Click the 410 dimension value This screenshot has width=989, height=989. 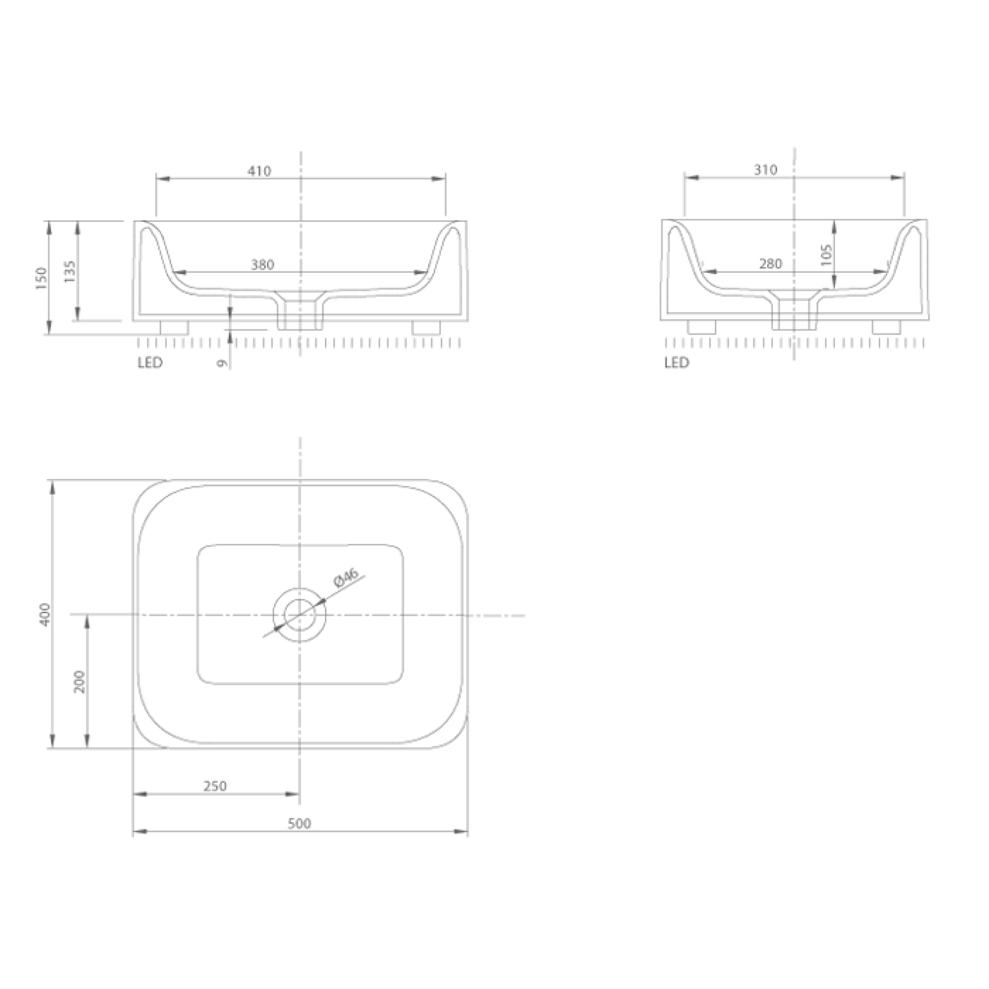[259, 171]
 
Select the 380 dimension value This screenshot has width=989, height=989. [262, 264]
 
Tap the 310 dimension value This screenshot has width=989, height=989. [765, 170]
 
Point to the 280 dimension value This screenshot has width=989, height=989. [770, 263]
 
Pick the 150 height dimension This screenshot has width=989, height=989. [41, 278]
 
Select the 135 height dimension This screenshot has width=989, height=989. [70, 271]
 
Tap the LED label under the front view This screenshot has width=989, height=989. [150, 363]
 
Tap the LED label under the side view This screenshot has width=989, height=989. [677, 363]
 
